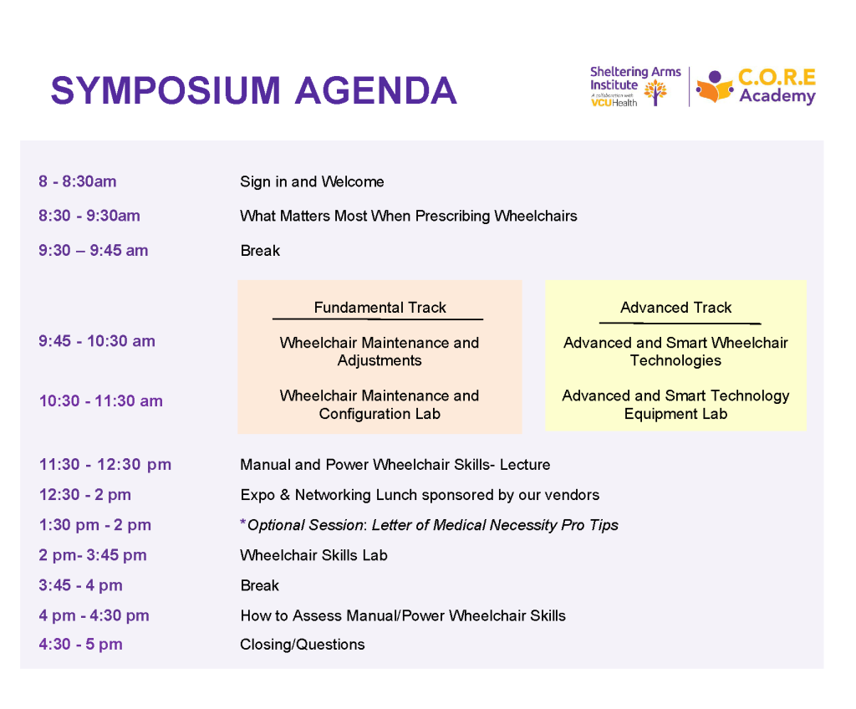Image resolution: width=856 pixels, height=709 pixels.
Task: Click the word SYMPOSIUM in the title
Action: (166, 90)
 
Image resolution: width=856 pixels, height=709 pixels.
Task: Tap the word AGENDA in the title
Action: (375, 90)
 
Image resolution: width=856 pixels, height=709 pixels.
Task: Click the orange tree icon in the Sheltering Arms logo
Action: (655, 92)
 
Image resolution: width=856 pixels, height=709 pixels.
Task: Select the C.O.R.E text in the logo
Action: (777, 77)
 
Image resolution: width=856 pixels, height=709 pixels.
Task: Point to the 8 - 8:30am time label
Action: (78, 181)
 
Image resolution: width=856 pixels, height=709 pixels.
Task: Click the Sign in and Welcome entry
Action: (312, 181)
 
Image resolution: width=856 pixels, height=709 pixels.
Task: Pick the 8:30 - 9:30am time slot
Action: (89, 216)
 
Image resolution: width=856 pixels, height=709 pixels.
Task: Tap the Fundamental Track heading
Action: (380, 308)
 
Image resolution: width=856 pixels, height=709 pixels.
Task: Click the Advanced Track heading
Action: (675, 308)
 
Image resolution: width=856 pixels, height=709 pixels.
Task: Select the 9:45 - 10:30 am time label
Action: (97, 341)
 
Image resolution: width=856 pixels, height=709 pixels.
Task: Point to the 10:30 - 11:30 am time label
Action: (100, 401)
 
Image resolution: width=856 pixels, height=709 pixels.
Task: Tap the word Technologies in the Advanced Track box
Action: (675, 360)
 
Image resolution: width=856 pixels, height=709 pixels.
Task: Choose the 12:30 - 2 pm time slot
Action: (84, 495)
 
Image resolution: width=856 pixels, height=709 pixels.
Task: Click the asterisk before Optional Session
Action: (243, 523)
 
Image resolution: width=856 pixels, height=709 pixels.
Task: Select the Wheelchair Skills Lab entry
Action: (314, 555)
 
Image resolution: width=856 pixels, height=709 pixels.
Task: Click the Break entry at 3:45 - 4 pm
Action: (260, 585)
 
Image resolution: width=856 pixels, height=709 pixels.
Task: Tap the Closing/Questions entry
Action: (303, 645)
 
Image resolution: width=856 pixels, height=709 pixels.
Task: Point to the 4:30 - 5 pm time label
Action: (80, 645)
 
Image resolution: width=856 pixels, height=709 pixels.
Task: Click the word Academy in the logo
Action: (777, 96)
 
